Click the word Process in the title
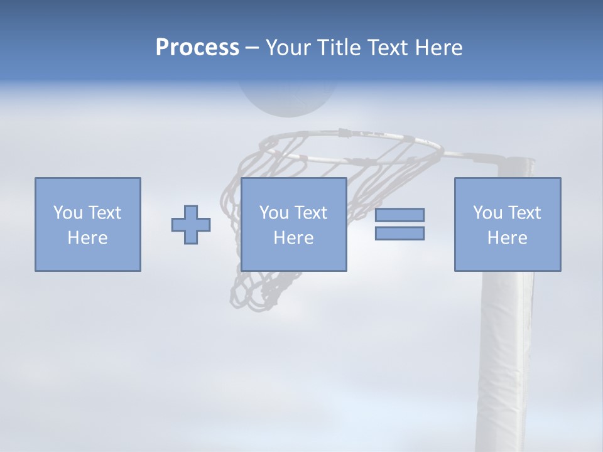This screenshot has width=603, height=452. (x=197, y=48)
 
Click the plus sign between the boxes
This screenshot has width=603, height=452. (x=191, y=224)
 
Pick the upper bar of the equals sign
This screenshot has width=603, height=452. (x=399, y=215)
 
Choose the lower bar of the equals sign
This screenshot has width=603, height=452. (x=399, y=233)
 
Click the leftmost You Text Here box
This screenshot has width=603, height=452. (x=88, y=224)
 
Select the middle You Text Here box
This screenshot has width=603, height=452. (x=294, y=224)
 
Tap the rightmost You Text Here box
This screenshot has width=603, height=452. (x=508, y=224)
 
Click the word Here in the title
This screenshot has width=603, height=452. (x=439, y=48)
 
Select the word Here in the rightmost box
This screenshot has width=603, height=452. (x=508, y=238)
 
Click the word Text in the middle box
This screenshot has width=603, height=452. (x=310, y=213)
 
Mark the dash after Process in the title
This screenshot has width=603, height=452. (x=252, y=48)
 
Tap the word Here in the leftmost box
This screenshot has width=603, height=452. (x=88, y=238)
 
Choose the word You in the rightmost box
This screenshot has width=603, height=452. (x=487, y=213)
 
